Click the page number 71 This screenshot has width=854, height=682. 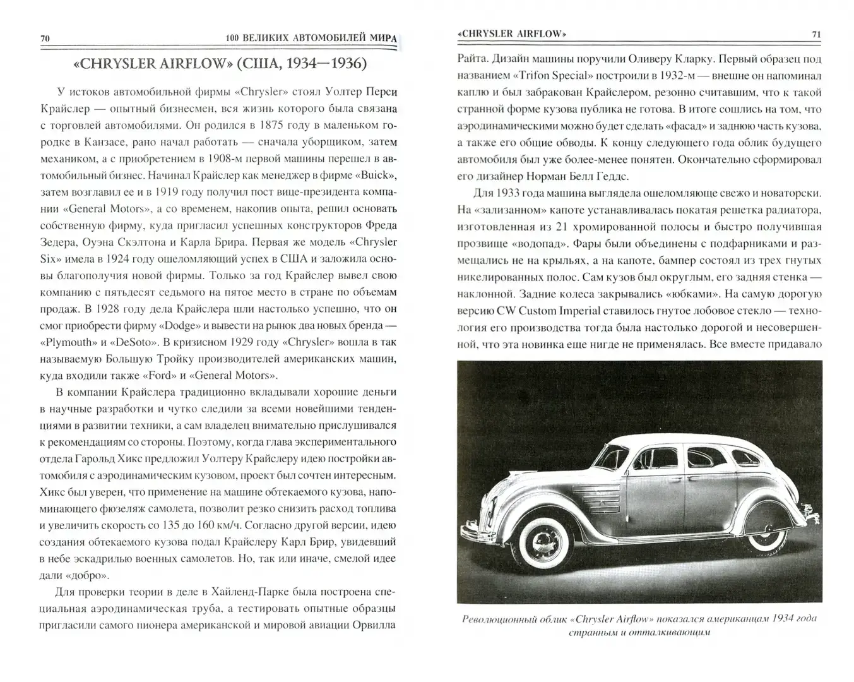[816, 34]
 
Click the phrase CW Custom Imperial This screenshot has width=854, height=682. [540, 310]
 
